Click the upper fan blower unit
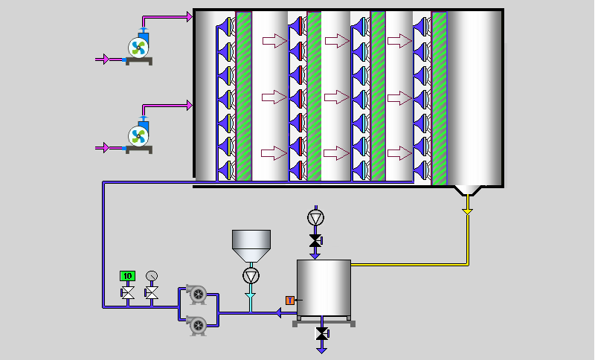click(x=139, y=47)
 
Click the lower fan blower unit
click(x=139, y=135)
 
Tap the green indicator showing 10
click(x=127, y=276)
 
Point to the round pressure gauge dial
click(x=152, y=276)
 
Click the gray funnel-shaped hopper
click(x=251, y=243)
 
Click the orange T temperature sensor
click(x=290, y=300)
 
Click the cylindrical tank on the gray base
click(x=324, y=287)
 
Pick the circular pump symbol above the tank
click(x=316, y=218)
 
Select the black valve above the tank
click(x=316, y=241)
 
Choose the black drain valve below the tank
click(x=321, y=335)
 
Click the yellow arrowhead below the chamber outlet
click(x=467, y=211)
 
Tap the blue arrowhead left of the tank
click(x=281, y=313)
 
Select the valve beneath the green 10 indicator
click(x=127, y=294)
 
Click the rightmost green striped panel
click(x=439, y=97)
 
